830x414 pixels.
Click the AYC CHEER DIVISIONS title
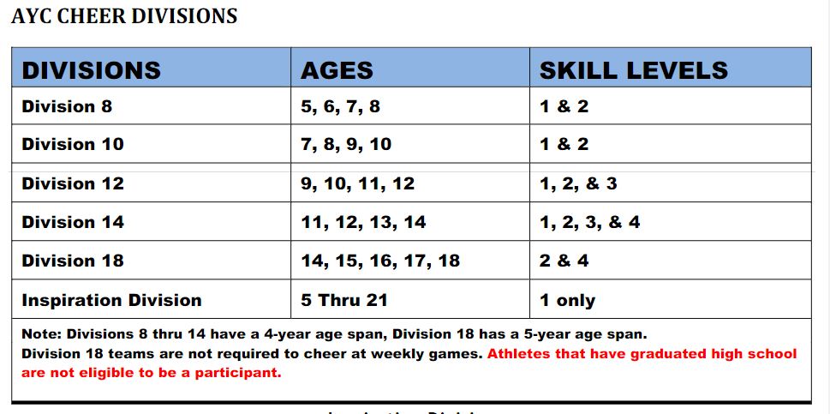tap(124, 16)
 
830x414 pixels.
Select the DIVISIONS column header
tap(91, 70)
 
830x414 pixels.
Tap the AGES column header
tap(337, 70)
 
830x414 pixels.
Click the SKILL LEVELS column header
tap(633, 70)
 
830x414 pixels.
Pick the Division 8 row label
tap(67, 107)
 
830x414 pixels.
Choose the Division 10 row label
tap(73, 144)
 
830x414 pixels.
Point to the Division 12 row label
tap(73, 183)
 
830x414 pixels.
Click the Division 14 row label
tap(73, 222)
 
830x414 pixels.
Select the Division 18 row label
tap(73, 261)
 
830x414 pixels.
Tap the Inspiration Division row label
tap(111, 300)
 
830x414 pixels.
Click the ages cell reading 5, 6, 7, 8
tap(340, 107)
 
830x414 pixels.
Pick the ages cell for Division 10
tap(346, 144)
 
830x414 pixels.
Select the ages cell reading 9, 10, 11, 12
tap(357, 183)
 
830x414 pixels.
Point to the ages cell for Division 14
tap(363, 222)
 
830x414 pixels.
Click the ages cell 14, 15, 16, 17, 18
tap(380, 261)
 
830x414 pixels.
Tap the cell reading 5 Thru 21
tap(343, 300)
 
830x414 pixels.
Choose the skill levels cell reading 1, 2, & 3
tap(578, 183)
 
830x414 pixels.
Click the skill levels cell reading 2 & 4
tap(564, 261)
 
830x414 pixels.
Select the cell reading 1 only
tap(567, 300)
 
